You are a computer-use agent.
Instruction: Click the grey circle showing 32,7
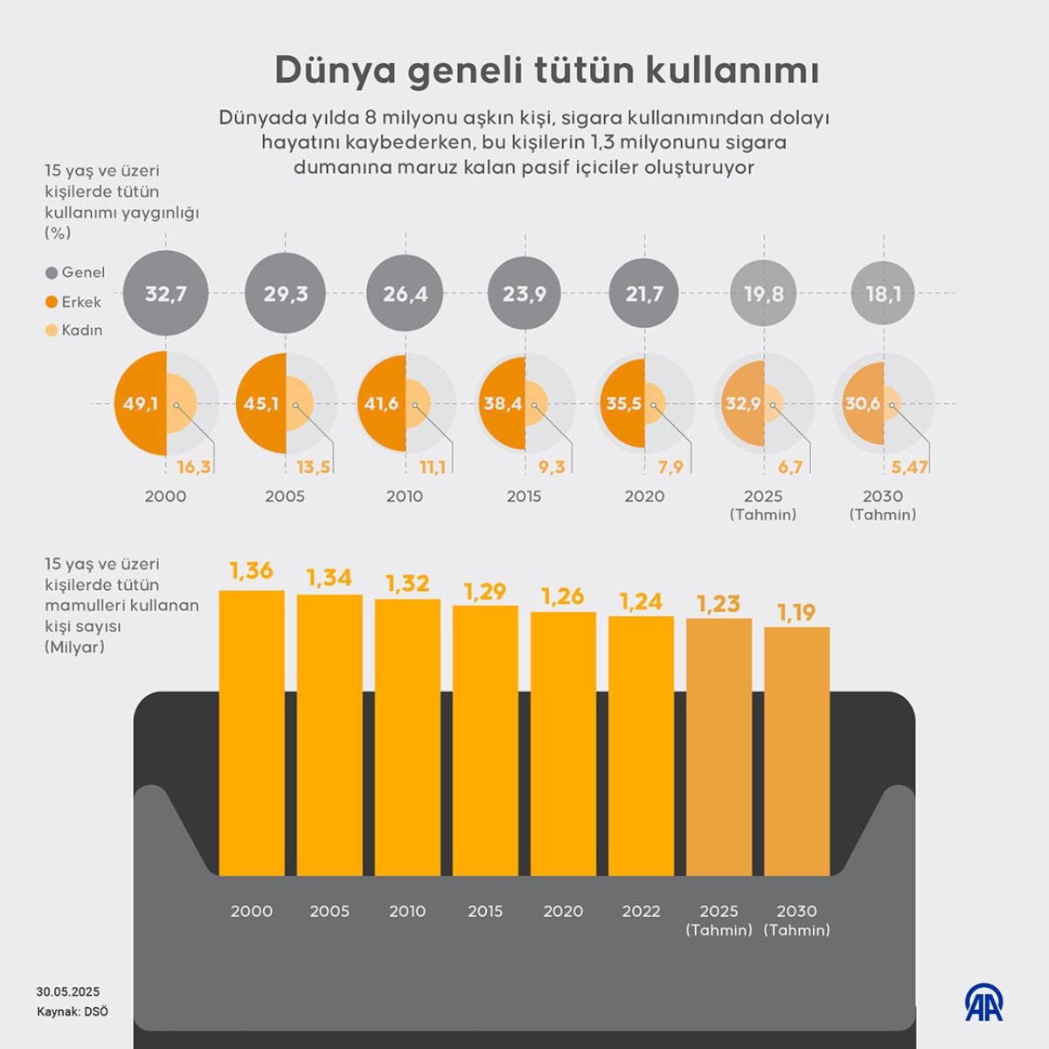pos(165,294)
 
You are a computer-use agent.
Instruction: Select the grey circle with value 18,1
pos(883,294)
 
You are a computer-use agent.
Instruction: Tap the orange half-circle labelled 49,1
pos(140,404)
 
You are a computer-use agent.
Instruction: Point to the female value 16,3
pos(193,467)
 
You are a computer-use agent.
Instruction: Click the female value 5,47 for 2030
pos(909,467)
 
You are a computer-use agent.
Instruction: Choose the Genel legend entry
pos(75,273)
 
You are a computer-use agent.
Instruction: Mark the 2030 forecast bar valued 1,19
pos(796,751)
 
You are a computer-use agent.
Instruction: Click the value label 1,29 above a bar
pos(485,592)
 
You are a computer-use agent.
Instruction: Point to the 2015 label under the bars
pos(485,911)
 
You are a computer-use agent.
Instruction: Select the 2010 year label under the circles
pos(405,496)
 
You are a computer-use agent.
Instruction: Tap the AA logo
pos(984,1003)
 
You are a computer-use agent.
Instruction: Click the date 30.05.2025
pos(68,991)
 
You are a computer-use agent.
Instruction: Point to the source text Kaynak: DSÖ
pos(73,1011)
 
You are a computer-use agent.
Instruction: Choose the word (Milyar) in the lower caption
pos(74,647)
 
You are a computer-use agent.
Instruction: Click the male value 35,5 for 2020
pos(623,404)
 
